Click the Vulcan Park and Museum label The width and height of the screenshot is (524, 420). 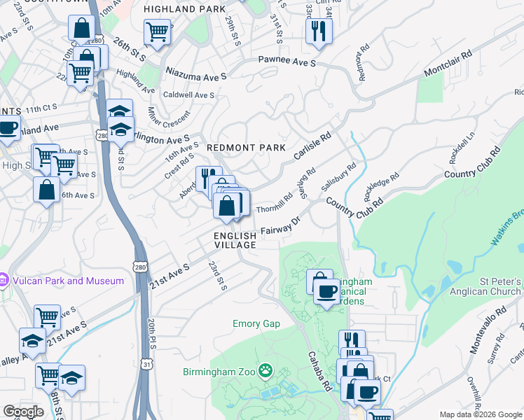[x=67, y=281]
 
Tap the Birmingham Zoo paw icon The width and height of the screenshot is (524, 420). [x=266, y=370]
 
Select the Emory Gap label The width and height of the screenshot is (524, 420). [x=256, y=323]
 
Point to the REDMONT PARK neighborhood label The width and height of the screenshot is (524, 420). [x=246, y=148]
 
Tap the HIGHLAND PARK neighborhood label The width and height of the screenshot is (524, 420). [x=185, y=9]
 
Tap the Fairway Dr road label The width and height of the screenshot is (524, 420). [x=280, y=225]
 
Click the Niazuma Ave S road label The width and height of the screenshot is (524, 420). [x=196, y=72]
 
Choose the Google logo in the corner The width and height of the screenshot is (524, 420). [x=24, y=412]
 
